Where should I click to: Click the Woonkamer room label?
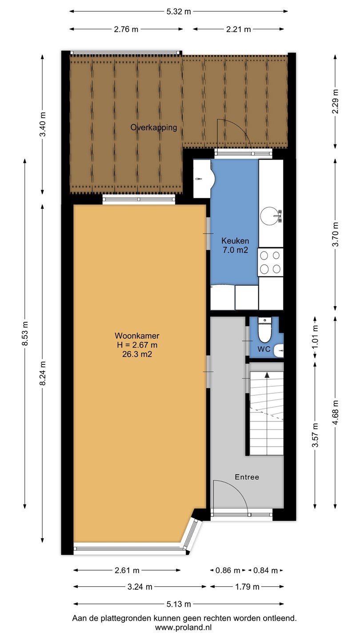137,336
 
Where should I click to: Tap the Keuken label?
235,240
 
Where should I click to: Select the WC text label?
264,349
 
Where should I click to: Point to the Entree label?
247,477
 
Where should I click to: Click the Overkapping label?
154,128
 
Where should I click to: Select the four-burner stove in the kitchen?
270,262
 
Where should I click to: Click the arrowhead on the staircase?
267,375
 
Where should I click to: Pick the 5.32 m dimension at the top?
179,12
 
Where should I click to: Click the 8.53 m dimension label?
25,333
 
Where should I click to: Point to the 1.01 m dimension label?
315,337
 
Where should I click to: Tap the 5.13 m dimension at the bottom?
179,604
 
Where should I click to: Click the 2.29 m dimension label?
335,101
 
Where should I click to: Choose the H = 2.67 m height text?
137,345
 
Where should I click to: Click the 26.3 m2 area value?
137,354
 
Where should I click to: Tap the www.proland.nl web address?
184,628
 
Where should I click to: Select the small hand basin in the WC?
279,351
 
